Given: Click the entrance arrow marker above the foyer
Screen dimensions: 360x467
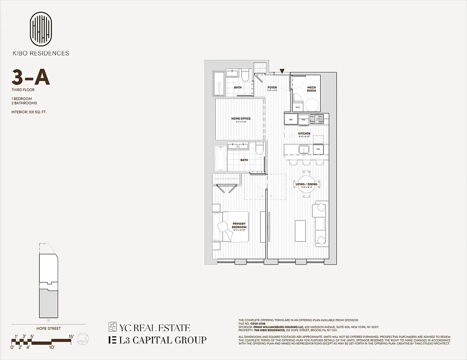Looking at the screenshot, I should (282, 71).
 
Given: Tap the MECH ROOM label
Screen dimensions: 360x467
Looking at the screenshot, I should (312, 89).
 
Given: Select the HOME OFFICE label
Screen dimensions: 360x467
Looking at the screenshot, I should (240, 119).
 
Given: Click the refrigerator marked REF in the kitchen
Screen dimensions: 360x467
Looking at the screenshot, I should (290, 119).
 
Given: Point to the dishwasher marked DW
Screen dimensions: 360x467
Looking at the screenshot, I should (317, 148).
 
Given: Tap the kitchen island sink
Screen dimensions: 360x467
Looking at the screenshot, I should (302, 148).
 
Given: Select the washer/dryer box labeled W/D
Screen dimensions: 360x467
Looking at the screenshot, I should (298, 107).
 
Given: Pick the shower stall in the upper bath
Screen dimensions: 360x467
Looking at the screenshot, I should (219, 84).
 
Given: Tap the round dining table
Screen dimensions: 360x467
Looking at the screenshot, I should (307, 184).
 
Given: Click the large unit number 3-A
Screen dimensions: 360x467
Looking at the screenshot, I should (31, 78).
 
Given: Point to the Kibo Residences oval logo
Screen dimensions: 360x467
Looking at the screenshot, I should (41, 28).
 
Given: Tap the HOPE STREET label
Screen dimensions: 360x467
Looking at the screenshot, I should (48, 328).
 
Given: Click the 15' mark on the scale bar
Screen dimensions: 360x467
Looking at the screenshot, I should (71, 336).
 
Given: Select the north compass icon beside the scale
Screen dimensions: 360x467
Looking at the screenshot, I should (82, 339).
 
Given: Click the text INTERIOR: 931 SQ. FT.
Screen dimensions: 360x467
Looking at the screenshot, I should (29, 112).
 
